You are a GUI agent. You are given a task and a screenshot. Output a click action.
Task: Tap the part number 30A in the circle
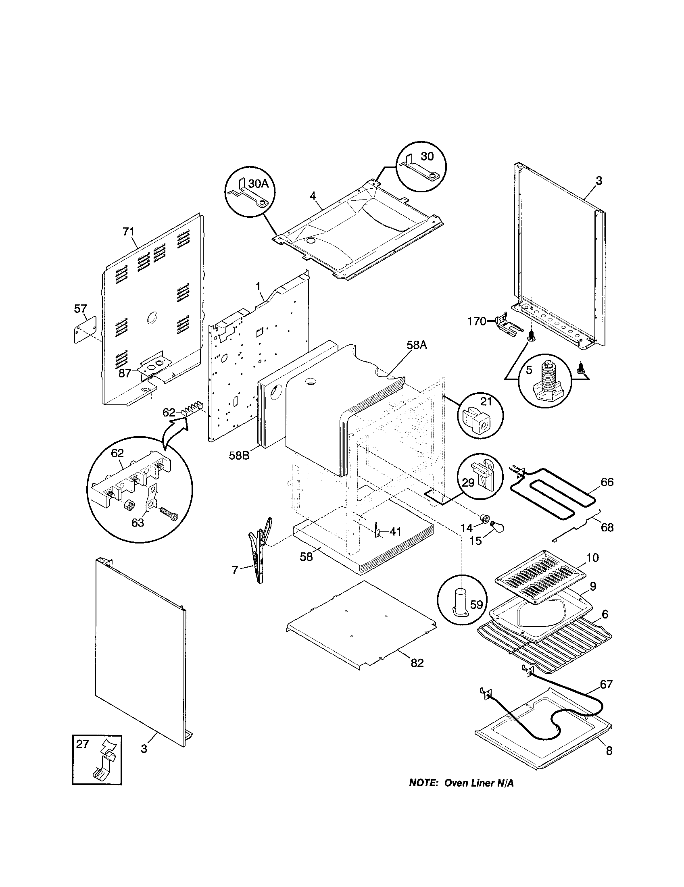coord(259,183)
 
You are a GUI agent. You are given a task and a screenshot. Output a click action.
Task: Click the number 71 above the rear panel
coord(128,232)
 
